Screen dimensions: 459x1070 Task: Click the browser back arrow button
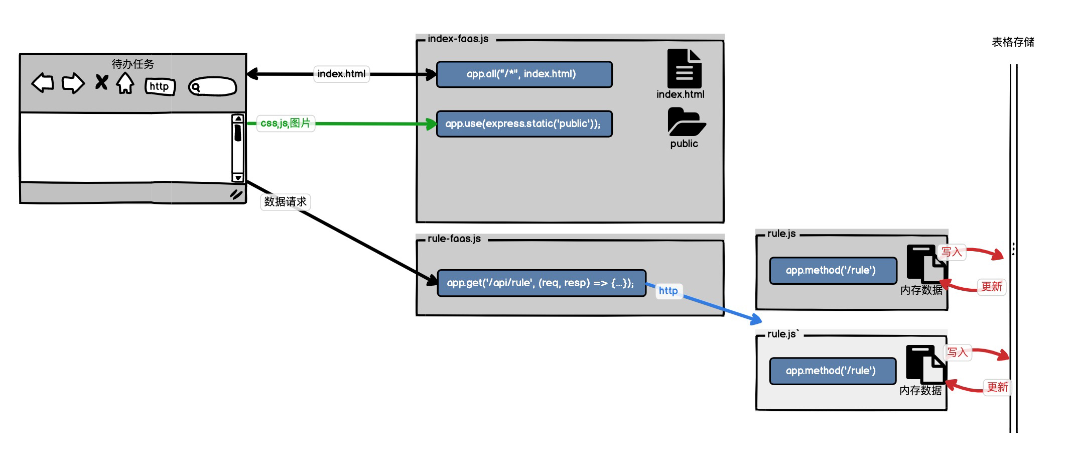pos(43,83)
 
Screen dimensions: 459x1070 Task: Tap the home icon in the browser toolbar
pos(125,83)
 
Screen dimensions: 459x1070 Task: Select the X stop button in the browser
pos(101,82)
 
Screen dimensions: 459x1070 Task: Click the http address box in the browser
pos(160,86)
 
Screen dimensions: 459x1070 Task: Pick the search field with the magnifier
pos(212,87)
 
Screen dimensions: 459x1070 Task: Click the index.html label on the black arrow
pos(341,74)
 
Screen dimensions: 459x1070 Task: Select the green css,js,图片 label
pos(286,123)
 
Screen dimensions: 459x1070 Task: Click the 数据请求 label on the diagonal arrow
pos(285,201)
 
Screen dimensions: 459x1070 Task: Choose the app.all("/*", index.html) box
pos(524,74)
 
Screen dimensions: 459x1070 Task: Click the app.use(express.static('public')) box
pos(524,124)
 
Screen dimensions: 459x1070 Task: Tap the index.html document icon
pos(684,69)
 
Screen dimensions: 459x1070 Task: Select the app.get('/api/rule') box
pos(541,283)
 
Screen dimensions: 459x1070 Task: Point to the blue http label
pos(668,291)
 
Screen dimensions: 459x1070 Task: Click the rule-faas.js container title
pos(454,239)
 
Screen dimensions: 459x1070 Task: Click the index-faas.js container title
pos(458,39)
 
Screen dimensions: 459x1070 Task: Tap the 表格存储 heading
pos(1013,42)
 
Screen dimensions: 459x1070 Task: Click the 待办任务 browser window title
pos(132,64)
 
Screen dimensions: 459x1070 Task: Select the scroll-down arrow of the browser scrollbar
pos(238,178)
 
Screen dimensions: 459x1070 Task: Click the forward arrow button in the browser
pos(73,83)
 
